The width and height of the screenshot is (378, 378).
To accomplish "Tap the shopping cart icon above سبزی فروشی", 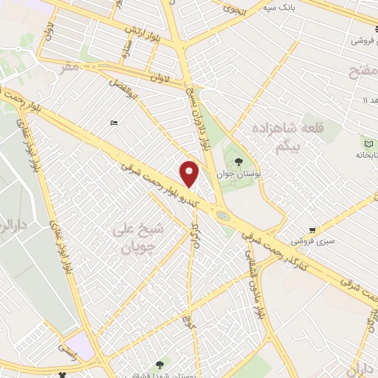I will pos(313,230).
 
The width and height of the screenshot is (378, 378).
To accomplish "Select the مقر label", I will pos(69,66).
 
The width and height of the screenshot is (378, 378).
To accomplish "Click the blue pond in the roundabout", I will pos(222,216).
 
